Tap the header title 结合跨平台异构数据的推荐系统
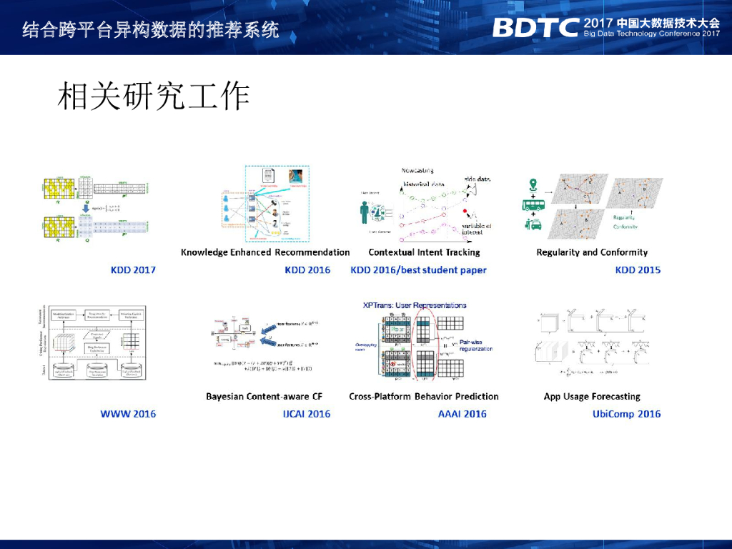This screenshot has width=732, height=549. click(x=150, y=30)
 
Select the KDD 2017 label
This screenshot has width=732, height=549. click(x=133, y=270)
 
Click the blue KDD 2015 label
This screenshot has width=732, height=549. click(x=638, y=270)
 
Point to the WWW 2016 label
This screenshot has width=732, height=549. click(x=128, y=414)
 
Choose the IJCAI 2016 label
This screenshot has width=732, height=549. click(x=307, y=414)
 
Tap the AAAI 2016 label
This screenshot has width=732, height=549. click(x=462, y=414)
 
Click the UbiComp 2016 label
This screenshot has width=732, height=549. click(x=626, y=414)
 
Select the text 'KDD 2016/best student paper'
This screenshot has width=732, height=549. click(x=418, y=270)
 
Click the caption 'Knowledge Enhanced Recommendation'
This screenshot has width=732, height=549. click(x=265, y=252)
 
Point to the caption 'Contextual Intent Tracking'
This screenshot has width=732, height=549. click(x=424, y=252)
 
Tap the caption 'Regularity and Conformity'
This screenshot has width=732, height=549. click(x=592, y=252)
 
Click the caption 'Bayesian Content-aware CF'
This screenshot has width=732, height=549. click(x=264, y=397)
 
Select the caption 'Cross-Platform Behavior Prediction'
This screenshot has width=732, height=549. click(x=424, y=397)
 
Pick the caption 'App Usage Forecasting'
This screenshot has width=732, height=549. click(x=592, y=397)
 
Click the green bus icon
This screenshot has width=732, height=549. click(x=533, y=204)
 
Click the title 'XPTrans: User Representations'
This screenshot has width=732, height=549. click(x=415, y=305)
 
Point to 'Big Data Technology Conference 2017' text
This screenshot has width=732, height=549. click(x=651, y=34)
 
